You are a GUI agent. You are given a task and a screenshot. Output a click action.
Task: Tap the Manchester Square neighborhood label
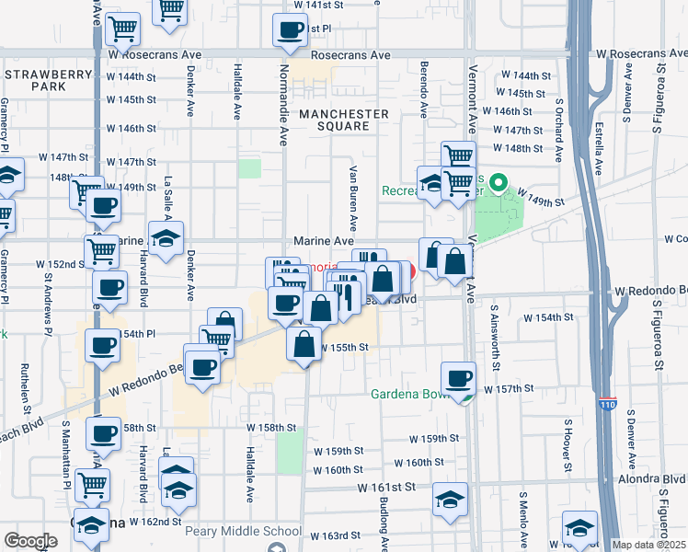click(x=342, y=120)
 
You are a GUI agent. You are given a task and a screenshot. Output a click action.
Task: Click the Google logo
click(x=30, y=541)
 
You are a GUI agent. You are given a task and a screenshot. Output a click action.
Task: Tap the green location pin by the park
click(x=499, y=184)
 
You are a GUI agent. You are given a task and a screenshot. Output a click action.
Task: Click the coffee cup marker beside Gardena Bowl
click(x=458, y=378)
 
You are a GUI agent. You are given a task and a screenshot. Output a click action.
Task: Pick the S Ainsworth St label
click(x=494, y=338)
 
